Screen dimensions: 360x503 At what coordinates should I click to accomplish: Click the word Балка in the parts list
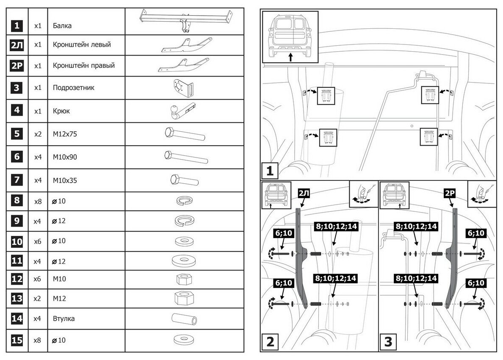(62, 26)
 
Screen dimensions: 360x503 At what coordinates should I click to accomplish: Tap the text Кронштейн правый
(84, 66)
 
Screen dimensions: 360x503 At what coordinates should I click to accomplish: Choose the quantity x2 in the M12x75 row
(38, 134)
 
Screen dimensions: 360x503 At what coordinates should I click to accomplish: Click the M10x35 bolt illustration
(184, 180)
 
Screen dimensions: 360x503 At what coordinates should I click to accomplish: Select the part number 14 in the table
(17, 318)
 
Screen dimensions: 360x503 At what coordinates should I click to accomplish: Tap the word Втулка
(64, 318)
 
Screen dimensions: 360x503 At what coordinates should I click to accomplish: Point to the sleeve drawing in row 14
(184, 318)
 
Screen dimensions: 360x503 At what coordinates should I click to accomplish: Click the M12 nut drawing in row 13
(184, 298)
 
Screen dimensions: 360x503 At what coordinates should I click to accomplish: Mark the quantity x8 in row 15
(38, 340)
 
